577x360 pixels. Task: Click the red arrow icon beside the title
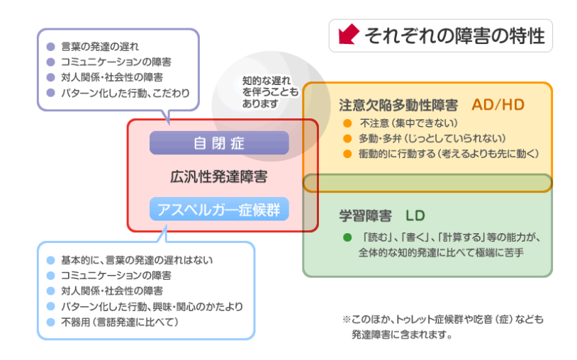coord(348,35)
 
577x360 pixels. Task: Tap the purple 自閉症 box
coord(219,142)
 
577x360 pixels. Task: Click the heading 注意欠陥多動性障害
coord(400,106)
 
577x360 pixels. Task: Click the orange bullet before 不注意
coord(347,123)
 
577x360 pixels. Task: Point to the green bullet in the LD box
coord(347,237)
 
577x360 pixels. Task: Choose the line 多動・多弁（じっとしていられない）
coord(432,138)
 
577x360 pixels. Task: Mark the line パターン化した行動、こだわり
coord(125,93)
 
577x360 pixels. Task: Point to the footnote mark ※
coord(347,320)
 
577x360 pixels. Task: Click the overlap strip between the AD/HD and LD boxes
coord(427,183)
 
